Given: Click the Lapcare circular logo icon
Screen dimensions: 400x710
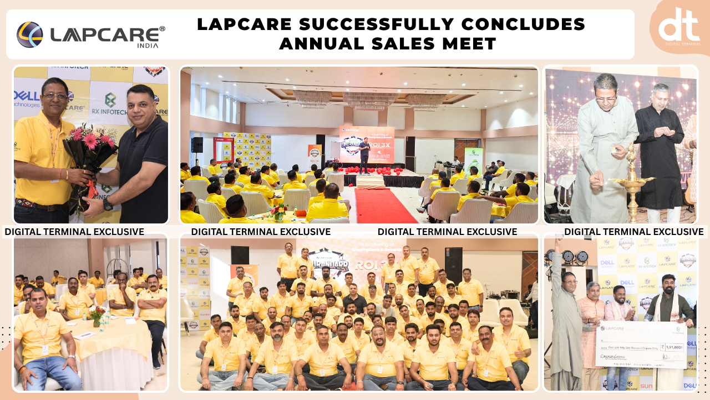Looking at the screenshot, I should point(29,34).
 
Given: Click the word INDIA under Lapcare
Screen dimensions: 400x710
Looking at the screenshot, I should point(147,46).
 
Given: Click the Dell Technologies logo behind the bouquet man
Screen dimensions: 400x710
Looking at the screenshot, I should point(27,99).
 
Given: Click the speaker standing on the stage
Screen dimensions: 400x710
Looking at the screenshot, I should point(364,155).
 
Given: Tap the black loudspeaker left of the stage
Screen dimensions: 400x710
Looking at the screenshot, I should point(197,144).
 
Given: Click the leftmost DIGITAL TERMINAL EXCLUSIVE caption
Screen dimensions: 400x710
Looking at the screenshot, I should point(74,232).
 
